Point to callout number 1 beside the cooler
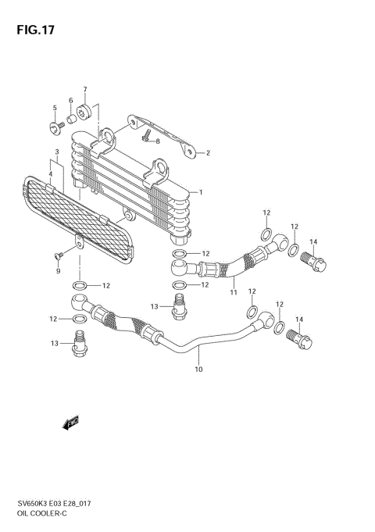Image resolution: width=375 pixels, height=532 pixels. (201, 192)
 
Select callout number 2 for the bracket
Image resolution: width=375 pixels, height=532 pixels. (209, 153)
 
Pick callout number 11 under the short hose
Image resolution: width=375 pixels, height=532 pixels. (233, 292)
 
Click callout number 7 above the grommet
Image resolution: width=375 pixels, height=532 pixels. (84, 90)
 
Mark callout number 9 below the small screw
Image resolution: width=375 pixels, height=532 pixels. (57, 273)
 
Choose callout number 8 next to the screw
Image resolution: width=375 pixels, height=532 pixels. (157, 141)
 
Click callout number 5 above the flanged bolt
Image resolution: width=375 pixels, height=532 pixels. (55, 108)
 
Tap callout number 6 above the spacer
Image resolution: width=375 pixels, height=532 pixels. (70, 101)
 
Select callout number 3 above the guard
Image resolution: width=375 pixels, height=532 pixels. (57, 152)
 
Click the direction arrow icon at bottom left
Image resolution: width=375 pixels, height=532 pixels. (71, 423)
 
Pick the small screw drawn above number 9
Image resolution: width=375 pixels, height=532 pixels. (59, 255)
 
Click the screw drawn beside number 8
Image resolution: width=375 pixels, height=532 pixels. (145, 137)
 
